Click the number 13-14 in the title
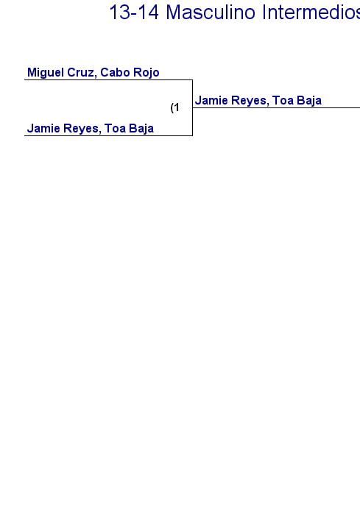pos(134,13)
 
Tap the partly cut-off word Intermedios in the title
pos(311,13)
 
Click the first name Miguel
pos(46,73)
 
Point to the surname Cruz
pos(80,73)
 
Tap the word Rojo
pos(147,73)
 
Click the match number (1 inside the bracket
pos(174,107)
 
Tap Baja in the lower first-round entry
pos(141,129)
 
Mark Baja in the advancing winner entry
pos(309,101)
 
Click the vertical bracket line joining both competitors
pos(193,107)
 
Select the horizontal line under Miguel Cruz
pos(108,80)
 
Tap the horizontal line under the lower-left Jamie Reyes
pos(108,135)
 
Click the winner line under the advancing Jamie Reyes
pos(276,107)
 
